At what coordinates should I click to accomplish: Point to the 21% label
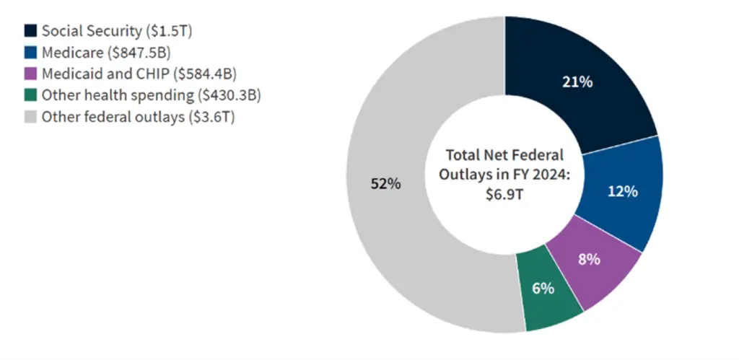click(x=577, y=82)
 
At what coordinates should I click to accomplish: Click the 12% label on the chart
click(x=622, y=191)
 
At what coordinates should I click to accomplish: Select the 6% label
click(x=543, y=289)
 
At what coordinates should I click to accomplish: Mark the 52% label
click(x=385, y=184)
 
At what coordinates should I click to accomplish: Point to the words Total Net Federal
click(x=504, y=155)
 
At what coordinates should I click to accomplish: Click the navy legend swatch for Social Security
click(x=30, y=31)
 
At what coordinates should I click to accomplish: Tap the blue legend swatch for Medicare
click(x=30, y=53)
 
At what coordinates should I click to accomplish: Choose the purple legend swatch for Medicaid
click(x=30, y=74)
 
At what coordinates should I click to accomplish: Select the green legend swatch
click(x=30, y=95)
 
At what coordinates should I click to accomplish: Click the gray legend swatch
click(x=30, y=117)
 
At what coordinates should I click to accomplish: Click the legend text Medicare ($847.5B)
click(x=106, y=53)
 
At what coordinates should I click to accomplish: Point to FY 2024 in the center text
click(x=541, y=175)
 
